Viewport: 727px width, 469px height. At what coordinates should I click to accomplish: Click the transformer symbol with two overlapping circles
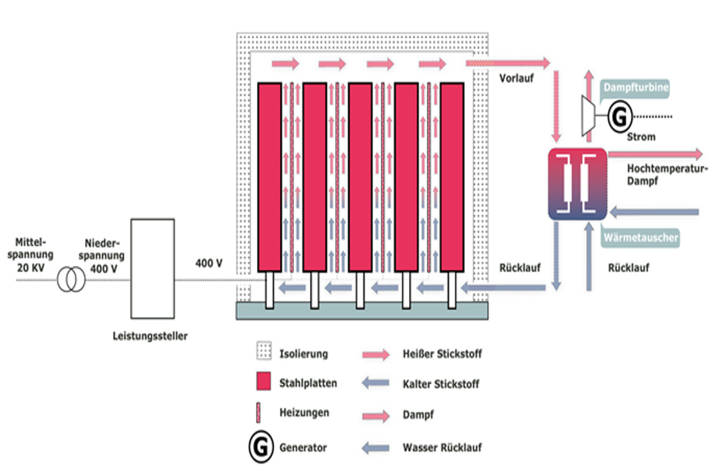(x=71, y=280)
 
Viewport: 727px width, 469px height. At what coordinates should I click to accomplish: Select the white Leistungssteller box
(x=152, y=269)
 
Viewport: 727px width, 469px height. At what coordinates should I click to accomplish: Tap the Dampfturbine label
(x=636, y=87)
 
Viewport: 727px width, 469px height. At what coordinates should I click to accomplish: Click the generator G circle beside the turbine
(x=620, y=116)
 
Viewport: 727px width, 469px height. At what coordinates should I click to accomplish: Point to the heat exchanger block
(x=577, y=184)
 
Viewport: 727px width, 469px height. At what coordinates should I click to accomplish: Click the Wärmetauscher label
(x=641, y=238)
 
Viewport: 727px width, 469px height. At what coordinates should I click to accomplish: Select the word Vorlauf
(x=516, y=79)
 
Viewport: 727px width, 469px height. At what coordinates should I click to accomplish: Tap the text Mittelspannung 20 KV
(x=30, y=255)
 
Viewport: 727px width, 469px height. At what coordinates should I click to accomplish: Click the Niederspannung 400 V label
(x=102, y=256)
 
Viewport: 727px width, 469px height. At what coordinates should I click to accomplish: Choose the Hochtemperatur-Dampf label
(x=667, y=175)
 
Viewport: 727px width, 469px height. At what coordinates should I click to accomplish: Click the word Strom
(x=641, y=137)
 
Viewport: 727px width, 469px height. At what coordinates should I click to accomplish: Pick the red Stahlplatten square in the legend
(x=264, y=381)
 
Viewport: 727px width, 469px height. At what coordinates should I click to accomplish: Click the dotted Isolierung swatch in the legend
(x=264, y=351)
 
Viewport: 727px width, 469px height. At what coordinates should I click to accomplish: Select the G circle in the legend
(x=261, y=447)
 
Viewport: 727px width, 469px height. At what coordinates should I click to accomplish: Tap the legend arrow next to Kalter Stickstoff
(x=376, y=383)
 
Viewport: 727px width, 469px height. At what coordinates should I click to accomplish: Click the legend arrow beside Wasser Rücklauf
(x=376, y=448)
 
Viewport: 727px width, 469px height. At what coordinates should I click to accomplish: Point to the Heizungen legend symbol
(x=259, y=412)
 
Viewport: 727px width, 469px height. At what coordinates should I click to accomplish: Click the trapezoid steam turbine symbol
(x=588, y=116)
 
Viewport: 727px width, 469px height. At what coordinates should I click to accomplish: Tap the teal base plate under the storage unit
(x=362, y=311)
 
